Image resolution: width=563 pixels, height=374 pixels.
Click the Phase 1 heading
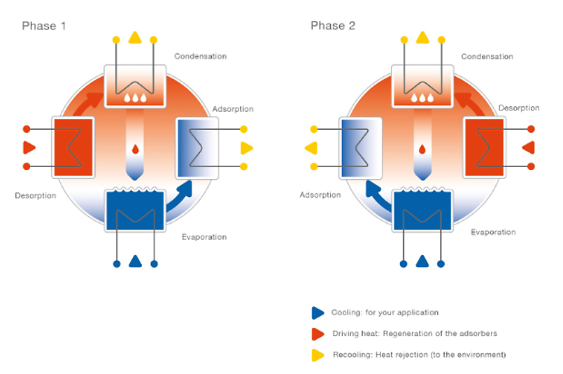(44, 26)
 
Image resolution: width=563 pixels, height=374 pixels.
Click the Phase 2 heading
(333, 26)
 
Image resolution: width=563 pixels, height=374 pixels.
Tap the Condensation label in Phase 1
(200, 56)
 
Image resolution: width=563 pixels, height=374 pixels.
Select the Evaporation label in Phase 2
(493, 232)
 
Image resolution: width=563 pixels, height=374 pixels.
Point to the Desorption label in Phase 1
(35, 196)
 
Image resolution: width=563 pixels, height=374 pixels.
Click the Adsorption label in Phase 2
(320, 195)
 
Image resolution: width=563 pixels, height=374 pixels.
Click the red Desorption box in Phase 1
(73, 148)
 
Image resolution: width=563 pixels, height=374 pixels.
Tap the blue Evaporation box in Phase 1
(135, 209)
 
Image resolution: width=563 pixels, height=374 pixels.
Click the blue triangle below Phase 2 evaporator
(422, 261)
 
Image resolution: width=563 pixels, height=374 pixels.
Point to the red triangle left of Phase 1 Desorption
(29, 148)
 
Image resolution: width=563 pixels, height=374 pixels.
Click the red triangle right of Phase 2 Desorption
(529, 148)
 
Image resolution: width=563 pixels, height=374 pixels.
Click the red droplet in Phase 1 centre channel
(135, 149)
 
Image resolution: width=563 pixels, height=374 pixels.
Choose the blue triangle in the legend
(318, 312)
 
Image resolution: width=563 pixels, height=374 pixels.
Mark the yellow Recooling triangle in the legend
(318, 354)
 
